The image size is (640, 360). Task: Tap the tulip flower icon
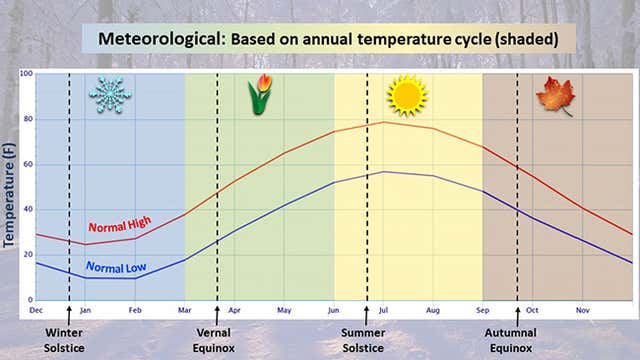coord(260,95)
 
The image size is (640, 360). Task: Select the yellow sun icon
coord(407,96)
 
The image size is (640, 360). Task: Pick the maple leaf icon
coord(555,97)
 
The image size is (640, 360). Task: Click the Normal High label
coord(116,227)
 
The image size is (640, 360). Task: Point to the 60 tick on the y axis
coord(27,164)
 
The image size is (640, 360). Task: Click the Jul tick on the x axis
coord(382,309)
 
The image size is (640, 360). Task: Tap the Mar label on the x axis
coord(185,309)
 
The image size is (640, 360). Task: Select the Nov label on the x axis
coord(582,309)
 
